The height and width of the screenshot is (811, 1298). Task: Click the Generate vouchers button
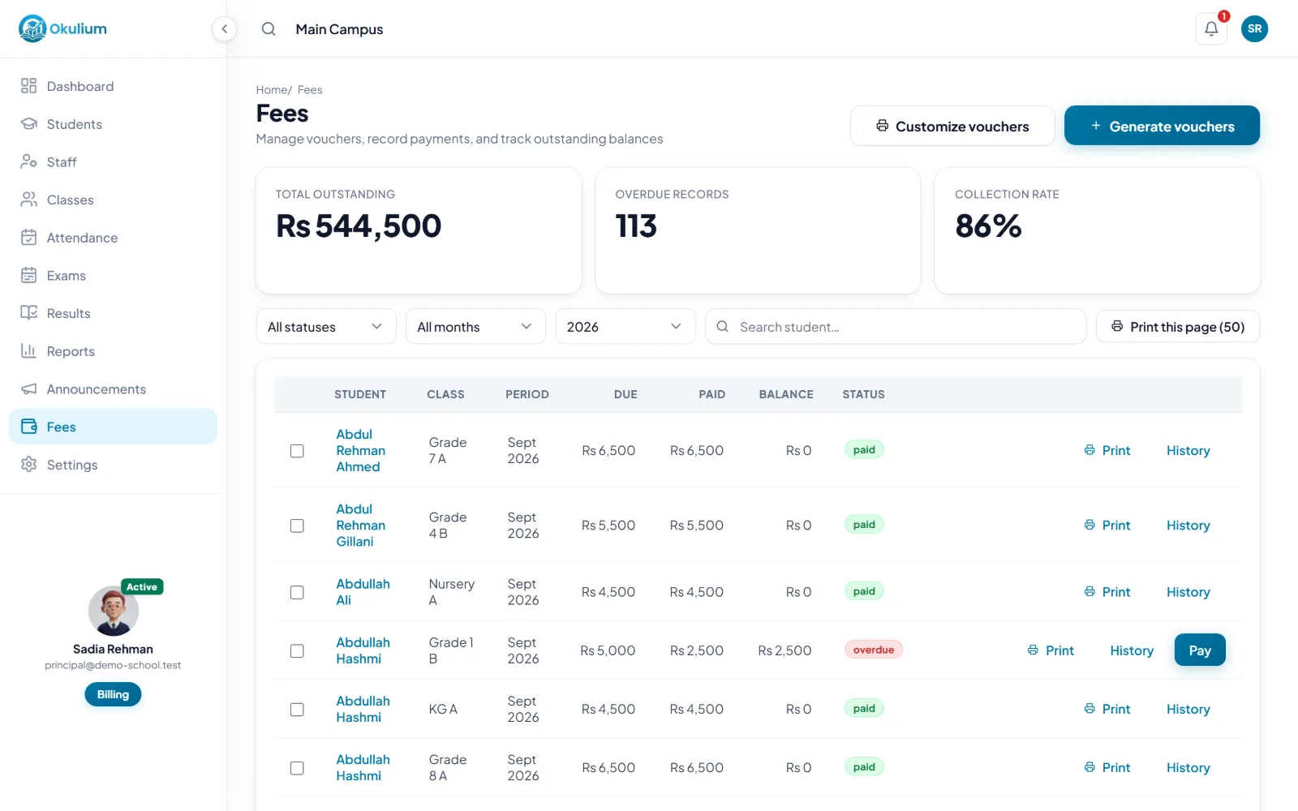[x=1162, y=126]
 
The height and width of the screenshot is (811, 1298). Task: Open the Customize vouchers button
[x=952, y=126]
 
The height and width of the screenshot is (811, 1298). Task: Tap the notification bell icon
[x=1211, y=28]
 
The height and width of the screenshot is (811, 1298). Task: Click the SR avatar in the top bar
[x=1254, y=28]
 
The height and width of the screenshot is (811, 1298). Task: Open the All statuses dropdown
[x=325, y=327]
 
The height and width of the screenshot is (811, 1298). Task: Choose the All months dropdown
[x=475, y=327]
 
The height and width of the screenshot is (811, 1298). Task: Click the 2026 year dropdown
[x=625, y=327]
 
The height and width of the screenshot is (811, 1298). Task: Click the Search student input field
[x=896, y=327]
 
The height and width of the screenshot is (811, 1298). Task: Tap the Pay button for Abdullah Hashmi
[x=1200, y=650]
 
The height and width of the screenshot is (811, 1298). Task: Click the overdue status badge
[x=873, y=650]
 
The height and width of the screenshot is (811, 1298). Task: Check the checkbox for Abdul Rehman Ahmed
[x=297, y=451]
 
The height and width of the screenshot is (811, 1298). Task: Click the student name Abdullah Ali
[x=363, y=591]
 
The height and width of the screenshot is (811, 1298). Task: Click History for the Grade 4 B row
[x=1188, y=525]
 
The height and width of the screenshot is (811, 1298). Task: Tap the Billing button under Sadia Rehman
[x=113, y=694]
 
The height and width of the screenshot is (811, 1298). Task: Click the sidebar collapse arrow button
[x=224, y=29]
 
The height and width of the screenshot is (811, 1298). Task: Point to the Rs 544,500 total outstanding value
[x=358, y=225]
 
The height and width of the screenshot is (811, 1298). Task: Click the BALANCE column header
[x=786, y=394]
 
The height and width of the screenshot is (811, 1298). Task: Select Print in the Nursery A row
[x=1107, y=591]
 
